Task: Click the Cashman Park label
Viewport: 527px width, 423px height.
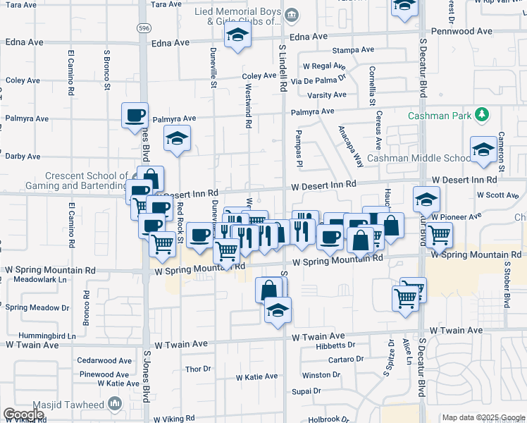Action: (x=440, y=115)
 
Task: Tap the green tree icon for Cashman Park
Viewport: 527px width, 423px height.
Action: (x=482, y=114)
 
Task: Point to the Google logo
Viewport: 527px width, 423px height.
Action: (x=23, y=415)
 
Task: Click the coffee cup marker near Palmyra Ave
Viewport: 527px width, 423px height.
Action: (x=135, y=116)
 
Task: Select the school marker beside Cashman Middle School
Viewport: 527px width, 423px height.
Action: (x=483, y=150)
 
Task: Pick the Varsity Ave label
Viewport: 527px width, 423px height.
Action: (x=327, y=94)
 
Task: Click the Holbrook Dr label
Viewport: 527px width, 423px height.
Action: (x=328, y=419)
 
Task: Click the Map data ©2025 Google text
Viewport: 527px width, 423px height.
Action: (x=483, y=417)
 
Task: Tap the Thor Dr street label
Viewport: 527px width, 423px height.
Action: (x=198, y=369)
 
